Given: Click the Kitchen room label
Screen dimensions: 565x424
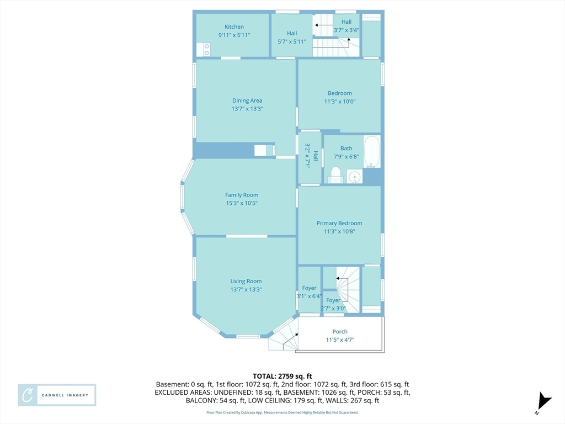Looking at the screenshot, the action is [234, 26].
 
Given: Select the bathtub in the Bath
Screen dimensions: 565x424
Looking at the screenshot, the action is [371, 151].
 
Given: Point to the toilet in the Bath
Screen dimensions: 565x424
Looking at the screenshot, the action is [335, 175].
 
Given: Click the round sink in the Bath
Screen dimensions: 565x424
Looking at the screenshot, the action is [355, 177].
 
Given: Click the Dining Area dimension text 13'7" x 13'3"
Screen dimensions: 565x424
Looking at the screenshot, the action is [247, 109].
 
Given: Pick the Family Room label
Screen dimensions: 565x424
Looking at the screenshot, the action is [242, 195].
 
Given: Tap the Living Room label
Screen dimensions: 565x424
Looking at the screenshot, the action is [246, 281].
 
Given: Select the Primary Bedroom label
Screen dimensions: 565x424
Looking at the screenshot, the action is [339, 223].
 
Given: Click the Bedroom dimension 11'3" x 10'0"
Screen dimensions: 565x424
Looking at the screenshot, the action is [340, 102].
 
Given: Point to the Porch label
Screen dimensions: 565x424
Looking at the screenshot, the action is [340, 331].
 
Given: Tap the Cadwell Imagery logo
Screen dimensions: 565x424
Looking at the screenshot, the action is [57, 395].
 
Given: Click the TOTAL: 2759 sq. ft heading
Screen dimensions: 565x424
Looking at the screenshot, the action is [282, 377].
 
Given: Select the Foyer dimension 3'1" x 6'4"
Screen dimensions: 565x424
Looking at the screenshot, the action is [309, 296].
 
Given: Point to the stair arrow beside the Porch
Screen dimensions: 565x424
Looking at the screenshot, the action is [290, 341].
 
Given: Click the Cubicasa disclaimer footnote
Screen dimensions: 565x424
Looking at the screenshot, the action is [282, 412].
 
